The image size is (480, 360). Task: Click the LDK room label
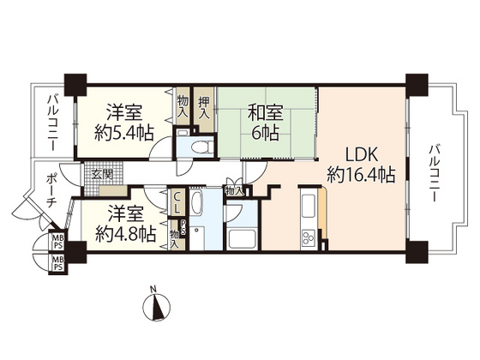pyautogui.click(x=360, y=156)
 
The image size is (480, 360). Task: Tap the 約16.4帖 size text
pyautogui.click(x=360, y=176)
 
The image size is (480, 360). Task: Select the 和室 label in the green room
pyautogui.click(x=265, y=112)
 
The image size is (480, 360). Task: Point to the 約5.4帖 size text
pyautogui.click(x=125, y=133)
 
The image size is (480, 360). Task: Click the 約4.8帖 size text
pyautogui.click(x=125, y=232)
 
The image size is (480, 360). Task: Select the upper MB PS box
pyautogui.click(x=57, y=241)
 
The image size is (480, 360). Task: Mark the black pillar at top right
pyautogui.click(x=417, y=83)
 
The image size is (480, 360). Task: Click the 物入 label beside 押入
pyautogui.click(x=183, y=106)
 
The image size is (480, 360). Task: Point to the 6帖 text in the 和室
pyautogui.click(x=265, y=134)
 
